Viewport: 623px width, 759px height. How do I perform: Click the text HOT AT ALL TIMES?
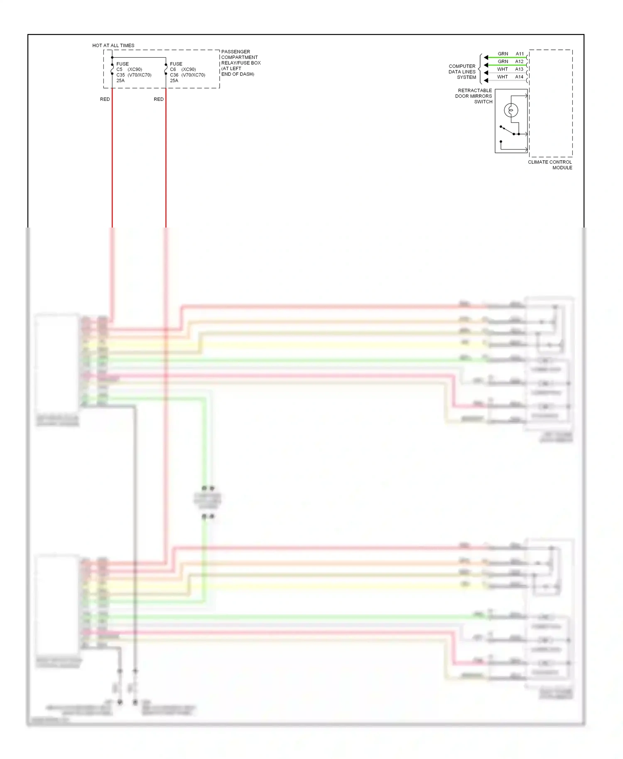(x=113, y=45)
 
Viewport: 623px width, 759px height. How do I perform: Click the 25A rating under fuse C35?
(x=120, y=81)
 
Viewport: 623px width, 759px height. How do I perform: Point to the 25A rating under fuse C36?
(x=174, y=81)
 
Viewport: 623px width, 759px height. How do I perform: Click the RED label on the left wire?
(x=105, y=99)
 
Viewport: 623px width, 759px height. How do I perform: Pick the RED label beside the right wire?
(x=159, y=99)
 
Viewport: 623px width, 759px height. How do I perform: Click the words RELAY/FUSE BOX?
(x=241, y=63)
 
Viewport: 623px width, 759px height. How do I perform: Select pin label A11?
(x=520, y=54)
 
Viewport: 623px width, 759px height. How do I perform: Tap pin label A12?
(x=519, y=61)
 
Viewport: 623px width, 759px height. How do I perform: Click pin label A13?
(x=519, y=69)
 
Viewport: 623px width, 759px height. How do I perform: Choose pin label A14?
(x=519, y=77)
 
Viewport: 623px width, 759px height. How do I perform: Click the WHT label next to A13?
(x=503, y=69)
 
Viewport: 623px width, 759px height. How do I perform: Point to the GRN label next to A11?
(x=503, y=54)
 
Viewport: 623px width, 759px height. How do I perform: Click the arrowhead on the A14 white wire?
(x=486, y=81)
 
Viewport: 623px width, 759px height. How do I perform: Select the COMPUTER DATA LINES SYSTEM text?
(x=462, y=72)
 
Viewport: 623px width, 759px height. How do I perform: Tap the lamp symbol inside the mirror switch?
(x=511, y=110)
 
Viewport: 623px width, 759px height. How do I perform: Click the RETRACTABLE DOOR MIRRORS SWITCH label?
(x=474, y=96)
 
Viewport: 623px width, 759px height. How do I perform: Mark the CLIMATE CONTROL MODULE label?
(x=550, y=165)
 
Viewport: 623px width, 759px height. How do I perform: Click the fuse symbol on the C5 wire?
(x=112, y=69)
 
